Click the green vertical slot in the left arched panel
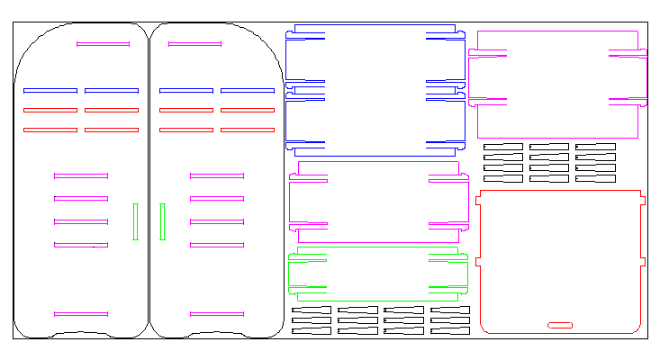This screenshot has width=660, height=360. tap(135, 221)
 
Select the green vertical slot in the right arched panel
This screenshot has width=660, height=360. tap(162, 221)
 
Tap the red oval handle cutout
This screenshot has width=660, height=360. tap(560, 324)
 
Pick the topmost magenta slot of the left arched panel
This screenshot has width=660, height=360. tap(103, 43)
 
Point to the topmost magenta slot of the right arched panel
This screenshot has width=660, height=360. tap(194, 43)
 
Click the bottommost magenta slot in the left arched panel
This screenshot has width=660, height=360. tap(81, 314)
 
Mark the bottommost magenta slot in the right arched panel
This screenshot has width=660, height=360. tap(217, 314)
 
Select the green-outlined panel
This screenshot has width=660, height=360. tap(378, 271)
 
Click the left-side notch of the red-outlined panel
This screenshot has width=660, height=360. tap(478, 261)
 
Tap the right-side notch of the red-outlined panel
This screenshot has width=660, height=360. tap(643, 261)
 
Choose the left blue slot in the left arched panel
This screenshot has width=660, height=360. tap(50, 90)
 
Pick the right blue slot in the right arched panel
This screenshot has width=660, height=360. tap(248, 90)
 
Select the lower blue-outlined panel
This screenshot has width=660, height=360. tap(375, 121)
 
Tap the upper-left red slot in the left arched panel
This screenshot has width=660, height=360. tap(50, 110)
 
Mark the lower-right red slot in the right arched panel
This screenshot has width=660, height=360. tap(248, 130)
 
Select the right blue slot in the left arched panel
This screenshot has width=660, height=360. tap(112, 90)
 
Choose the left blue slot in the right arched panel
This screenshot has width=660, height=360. tap(186, 90)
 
